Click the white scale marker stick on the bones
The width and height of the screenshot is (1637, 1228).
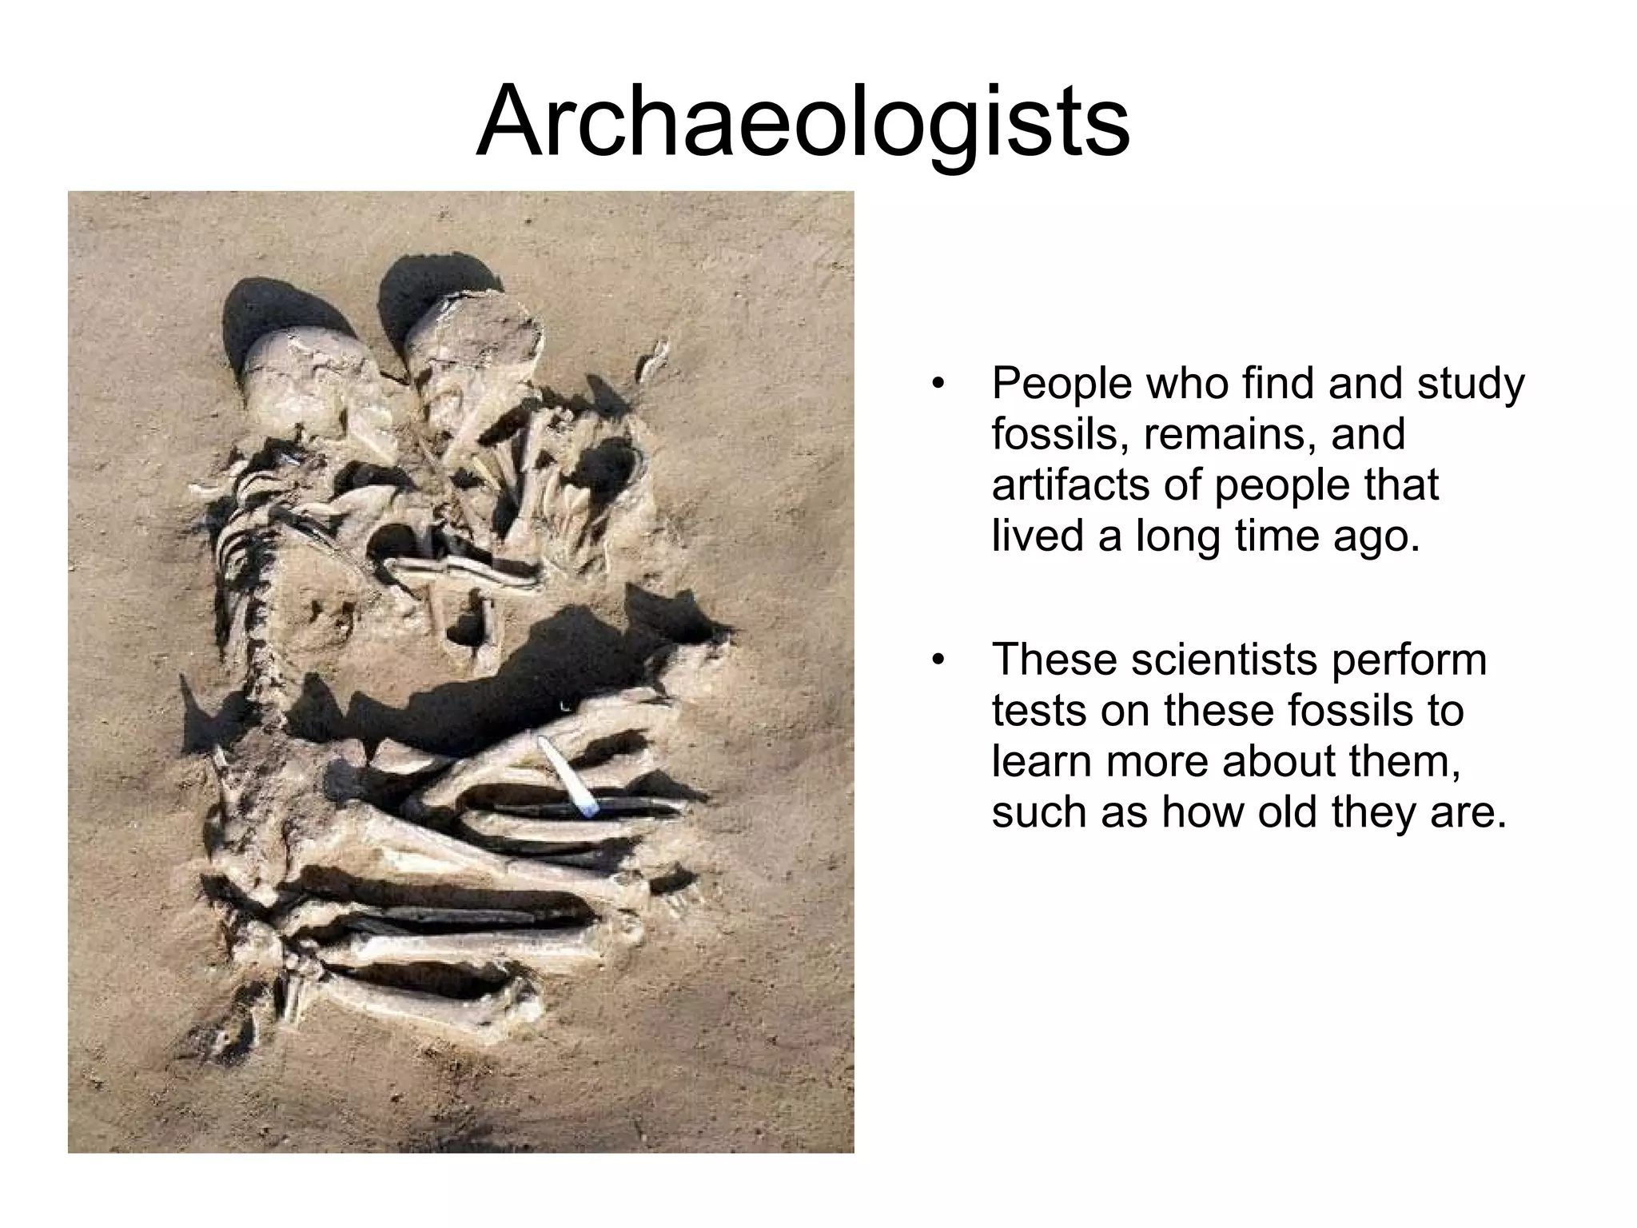[567, 776]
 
